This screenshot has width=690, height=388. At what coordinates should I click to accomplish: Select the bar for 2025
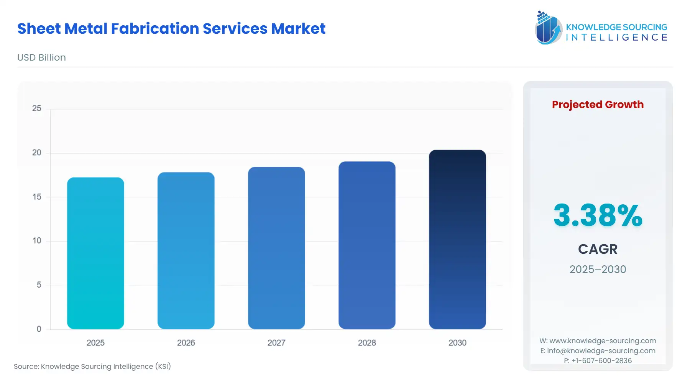95,253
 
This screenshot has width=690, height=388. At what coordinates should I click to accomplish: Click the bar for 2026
186,250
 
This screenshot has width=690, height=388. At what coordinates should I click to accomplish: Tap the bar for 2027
276,248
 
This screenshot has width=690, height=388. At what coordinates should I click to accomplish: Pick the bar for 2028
367,245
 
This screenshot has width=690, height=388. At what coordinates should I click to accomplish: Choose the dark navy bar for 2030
457,239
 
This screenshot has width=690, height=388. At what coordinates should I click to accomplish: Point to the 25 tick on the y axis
37,109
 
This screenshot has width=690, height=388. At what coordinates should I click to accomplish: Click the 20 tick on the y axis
37,153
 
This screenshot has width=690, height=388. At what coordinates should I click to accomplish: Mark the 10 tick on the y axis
37,241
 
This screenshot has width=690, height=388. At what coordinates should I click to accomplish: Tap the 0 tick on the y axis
39,329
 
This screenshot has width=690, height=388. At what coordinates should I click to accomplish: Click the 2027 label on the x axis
276,343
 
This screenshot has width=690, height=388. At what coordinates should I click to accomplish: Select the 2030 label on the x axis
457,343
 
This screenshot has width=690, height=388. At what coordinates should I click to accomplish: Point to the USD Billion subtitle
41,58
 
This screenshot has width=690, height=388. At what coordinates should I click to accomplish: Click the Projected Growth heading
598,105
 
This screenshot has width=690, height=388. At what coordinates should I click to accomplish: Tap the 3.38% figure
598,215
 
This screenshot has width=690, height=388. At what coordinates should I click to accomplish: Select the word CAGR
598,249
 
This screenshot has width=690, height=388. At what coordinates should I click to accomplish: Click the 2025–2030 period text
598,269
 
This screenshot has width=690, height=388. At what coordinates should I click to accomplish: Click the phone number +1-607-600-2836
601,361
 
